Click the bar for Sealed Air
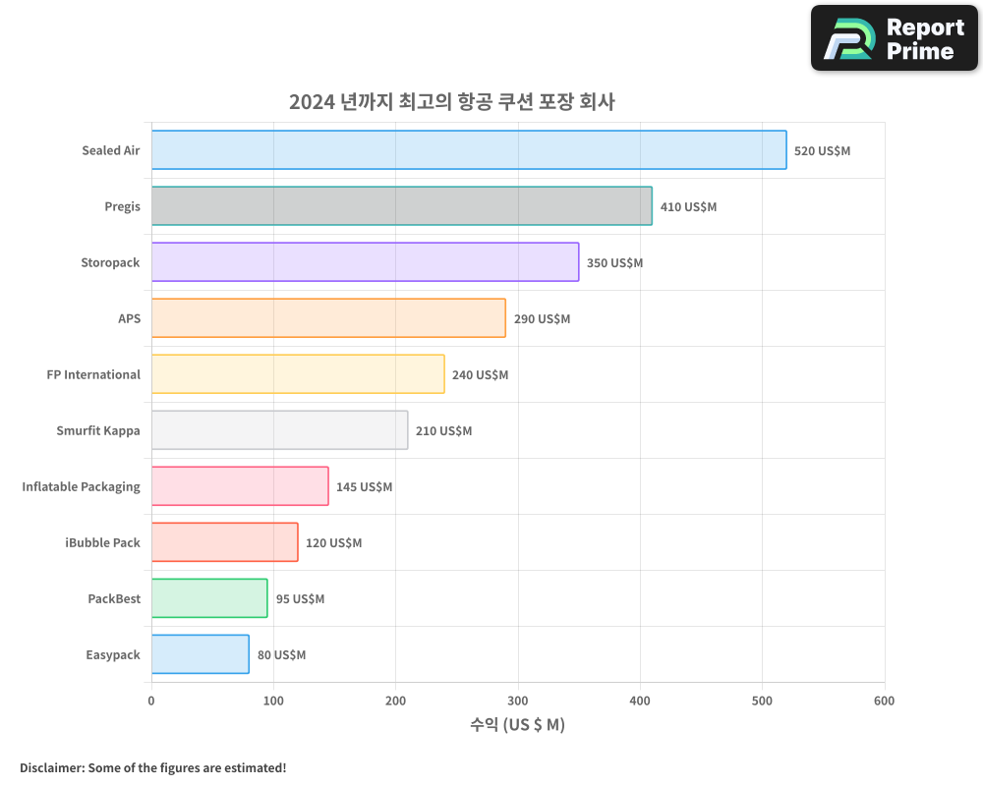469,150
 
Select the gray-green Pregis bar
401,206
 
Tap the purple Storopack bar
365,262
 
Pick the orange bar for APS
328,318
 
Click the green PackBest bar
209,598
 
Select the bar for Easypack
201,654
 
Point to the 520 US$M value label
822,151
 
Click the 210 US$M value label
443,431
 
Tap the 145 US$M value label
364,487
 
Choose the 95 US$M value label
300,599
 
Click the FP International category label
93,374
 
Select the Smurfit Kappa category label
98,430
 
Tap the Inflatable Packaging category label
82,486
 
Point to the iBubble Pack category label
102,542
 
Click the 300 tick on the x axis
518,701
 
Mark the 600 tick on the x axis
884,701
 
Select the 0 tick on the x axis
151,701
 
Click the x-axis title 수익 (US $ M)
517,725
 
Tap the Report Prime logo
894,38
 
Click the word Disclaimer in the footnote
51,767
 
